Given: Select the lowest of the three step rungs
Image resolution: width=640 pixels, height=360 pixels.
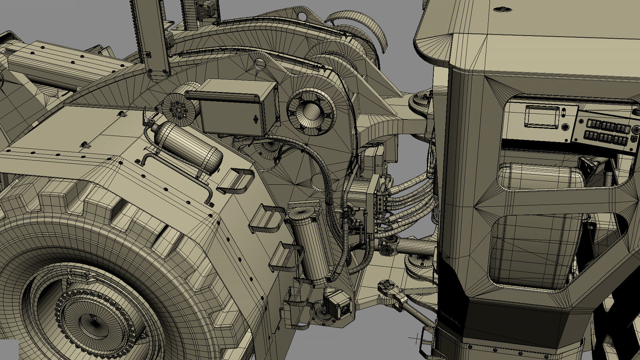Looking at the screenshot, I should coord(283,257).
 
